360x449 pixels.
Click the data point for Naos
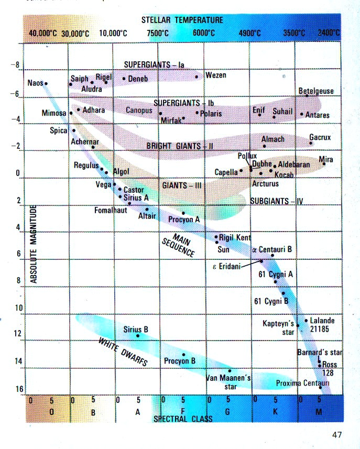pos(46,83)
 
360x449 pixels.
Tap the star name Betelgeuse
pos(315,91)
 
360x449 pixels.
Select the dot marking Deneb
pos(124,79)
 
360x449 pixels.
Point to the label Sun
pos(224,249)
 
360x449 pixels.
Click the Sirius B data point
pos(138,336)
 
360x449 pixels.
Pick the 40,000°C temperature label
pos(42,33)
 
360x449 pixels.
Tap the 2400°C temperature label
pos(329,33)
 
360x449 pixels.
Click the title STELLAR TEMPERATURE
pos(182,20)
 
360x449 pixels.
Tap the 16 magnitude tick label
pos(19,389)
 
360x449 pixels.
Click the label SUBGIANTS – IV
pos(277,201)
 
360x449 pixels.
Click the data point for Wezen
pos(197,76)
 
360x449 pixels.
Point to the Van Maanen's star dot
pos(230,370)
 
